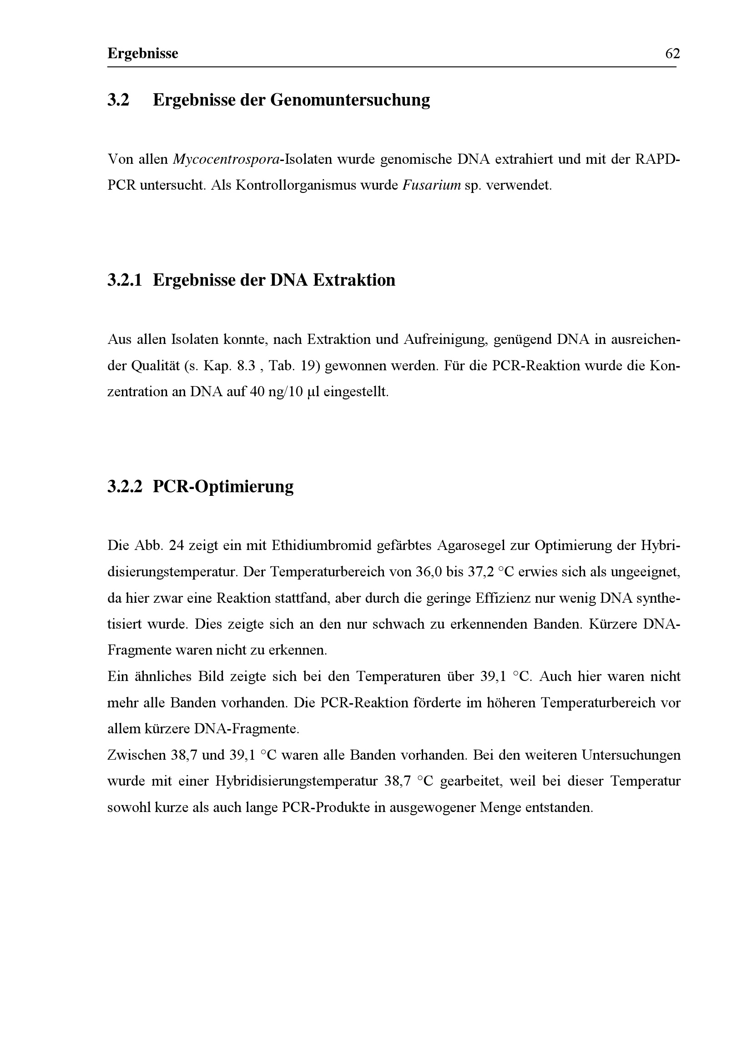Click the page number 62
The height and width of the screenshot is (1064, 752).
(672, 54)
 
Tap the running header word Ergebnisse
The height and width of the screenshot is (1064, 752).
(143, 54)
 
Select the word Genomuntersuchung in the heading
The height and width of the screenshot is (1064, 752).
(350, 100)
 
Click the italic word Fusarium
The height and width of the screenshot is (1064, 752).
(431, 185)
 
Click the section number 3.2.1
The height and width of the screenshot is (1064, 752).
(125, 280)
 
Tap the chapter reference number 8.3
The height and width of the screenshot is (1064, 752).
(246, 366)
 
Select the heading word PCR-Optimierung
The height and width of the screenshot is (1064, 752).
(223, 487)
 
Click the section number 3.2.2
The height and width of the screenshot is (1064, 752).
(125, 487)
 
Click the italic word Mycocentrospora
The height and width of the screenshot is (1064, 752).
(226, 159)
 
